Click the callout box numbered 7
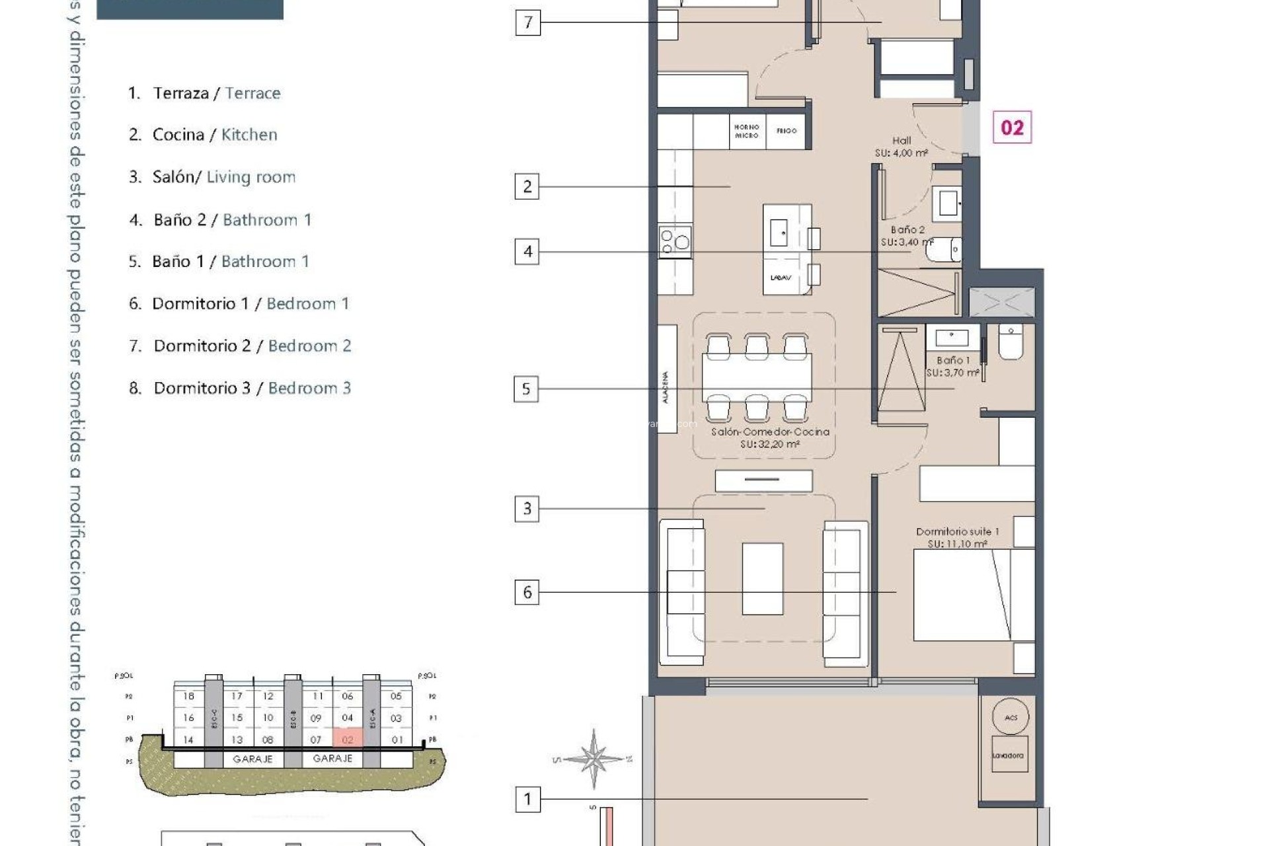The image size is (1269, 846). point(527,22)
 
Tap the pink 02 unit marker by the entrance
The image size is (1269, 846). point(1012,128)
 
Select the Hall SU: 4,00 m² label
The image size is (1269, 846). point(902,147)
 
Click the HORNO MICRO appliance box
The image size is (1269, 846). point(746,131)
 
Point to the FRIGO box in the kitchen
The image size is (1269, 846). point(787,131)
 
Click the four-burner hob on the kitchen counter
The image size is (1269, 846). point(675,240)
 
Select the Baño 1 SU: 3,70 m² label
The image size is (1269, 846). point(952,366)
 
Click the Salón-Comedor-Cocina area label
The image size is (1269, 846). point(770,438)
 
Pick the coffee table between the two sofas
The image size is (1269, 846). point(762,578)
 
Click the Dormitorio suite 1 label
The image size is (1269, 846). point(957,537)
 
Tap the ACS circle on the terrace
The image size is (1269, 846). point(1011,717)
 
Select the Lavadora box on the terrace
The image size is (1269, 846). point(1009,755)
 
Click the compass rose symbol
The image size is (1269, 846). point(594,759)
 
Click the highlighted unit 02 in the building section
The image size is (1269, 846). point(348,740)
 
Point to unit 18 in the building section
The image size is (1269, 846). point(189,696)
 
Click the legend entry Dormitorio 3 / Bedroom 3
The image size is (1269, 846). point(241,388)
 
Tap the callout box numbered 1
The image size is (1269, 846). point(527,800)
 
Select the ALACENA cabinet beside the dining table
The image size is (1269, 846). point(666,379)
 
